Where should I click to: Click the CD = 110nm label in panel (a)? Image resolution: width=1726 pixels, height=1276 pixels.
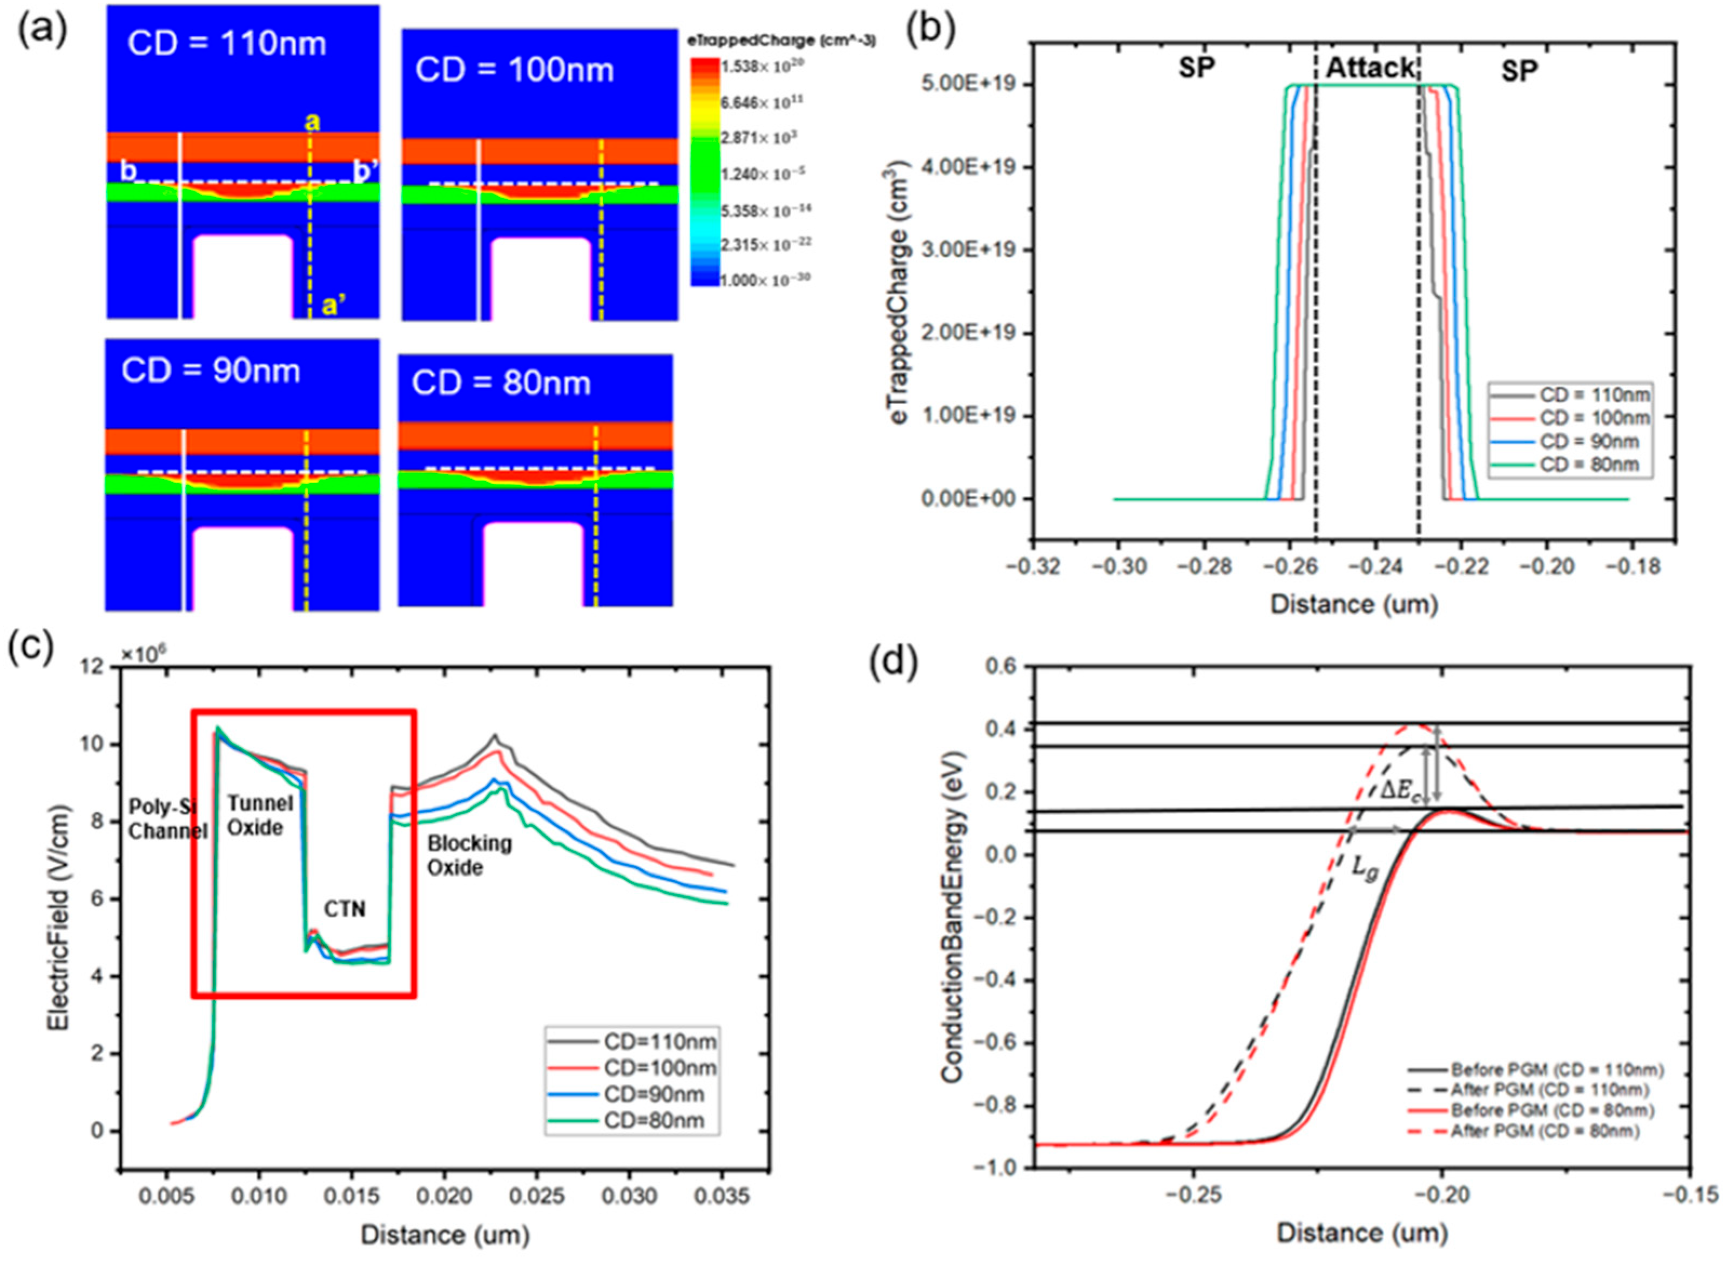point(226,43)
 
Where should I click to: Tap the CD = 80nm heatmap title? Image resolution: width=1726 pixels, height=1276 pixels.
point(501,383)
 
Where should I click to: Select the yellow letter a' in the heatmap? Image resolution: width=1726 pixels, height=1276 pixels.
point(334,306)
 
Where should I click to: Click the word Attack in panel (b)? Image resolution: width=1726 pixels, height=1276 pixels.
point(1369,69)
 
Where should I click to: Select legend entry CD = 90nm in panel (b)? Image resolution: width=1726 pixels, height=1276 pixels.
point(1589,441)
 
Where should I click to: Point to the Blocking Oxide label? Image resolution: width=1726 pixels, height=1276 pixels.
point(469,855)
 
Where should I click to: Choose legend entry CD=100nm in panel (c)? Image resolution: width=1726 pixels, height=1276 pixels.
point(659,1068)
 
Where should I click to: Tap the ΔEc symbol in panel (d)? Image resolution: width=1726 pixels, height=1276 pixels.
point(1399,789)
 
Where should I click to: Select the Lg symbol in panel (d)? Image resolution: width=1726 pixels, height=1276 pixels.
point(1364,870)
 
